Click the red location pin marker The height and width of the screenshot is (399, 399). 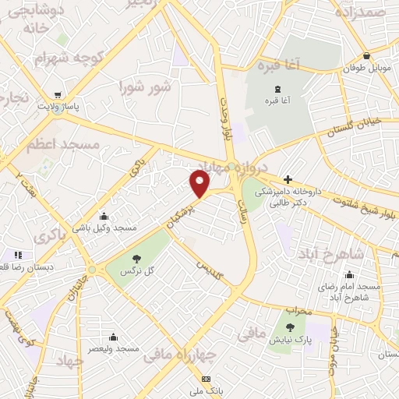pyautogui.click(x=200, y=184)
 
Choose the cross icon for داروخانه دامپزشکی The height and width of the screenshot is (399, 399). pyautogui.click(x=288, y=180)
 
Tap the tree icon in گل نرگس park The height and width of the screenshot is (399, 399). pyautogui.click(x=136, y=258)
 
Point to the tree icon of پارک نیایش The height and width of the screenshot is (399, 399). pyautogui.click(x=291, y=328)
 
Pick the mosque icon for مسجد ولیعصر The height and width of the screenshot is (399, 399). pyautogui.click(x=114, y=337)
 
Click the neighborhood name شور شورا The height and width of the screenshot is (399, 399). pyautogui.click(x=144, y=86)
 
